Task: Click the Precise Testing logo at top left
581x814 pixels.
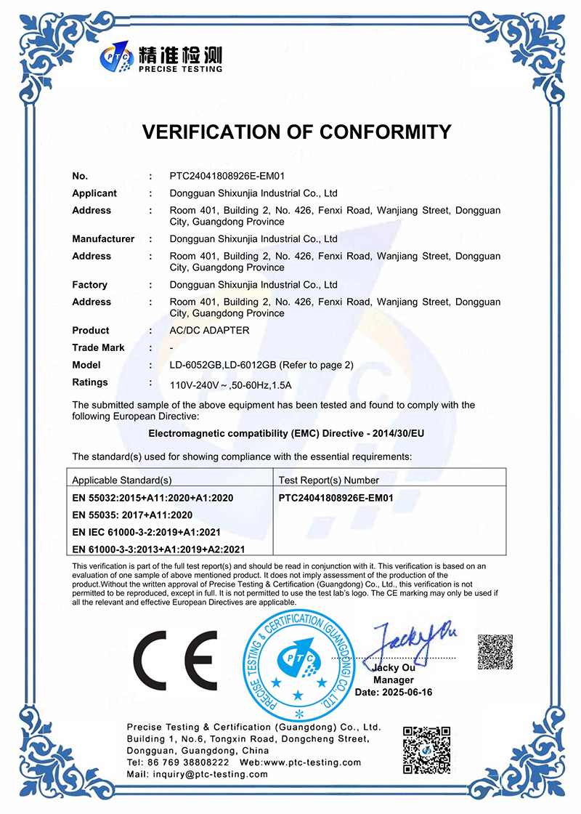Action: (161, 56)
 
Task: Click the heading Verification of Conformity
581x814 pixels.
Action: (296, 132)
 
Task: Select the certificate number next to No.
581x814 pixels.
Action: (226, 176)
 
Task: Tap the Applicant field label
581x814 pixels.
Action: (94, 193)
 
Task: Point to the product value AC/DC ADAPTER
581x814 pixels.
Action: (209, 331)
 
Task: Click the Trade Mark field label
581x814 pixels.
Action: (98, 347)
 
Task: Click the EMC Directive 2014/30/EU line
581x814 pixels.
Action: (286, 433)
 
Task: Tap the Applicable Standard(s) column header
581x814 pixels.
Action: (122, 480)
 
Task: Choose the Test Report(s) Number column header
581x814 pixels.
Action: (329, 480)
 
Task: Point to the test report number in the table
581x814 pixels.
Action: (336, 498)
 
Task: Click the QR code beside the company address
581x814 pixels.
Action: (427, 749)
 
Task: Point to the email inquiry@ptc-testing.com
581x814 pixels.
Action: (198, 774)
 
